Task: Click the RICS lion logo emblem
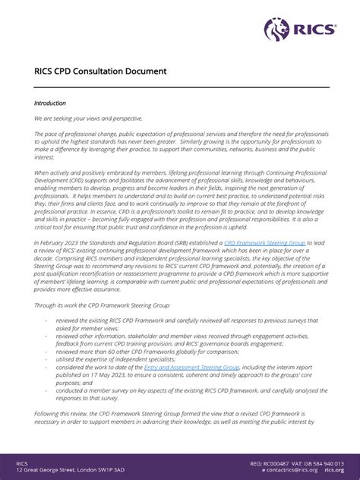click(276, 30)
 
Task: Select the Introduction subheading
click(50, 103)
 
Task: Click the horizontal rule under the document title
click(180, 87)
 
